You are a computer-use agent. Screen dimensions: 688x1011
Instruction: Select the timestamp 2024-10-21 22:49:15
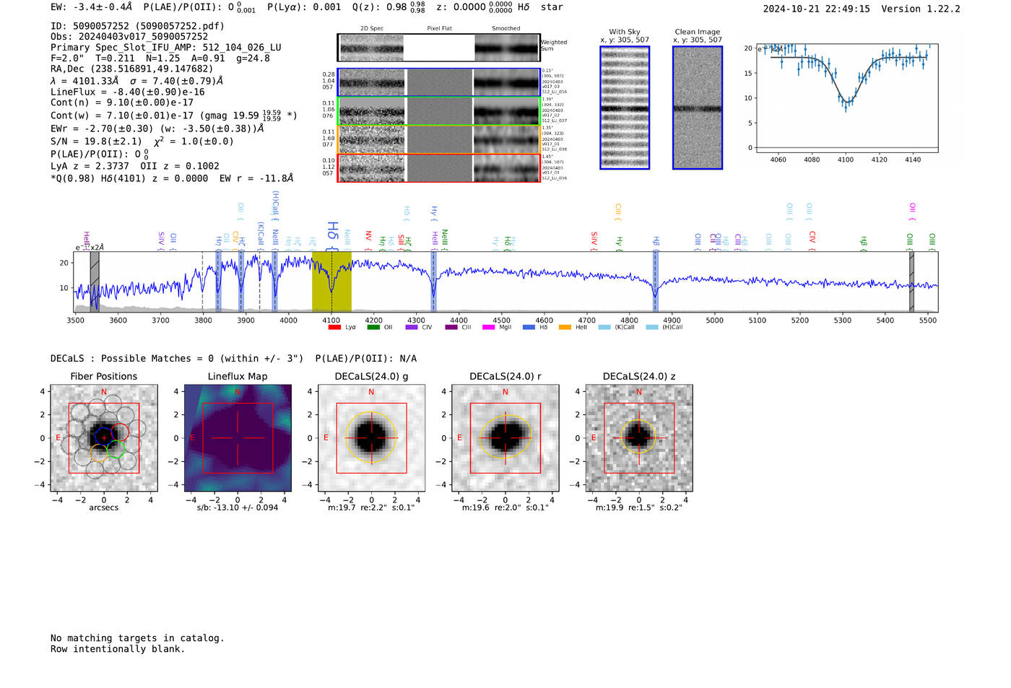pyautogui.click(x=816, y=9)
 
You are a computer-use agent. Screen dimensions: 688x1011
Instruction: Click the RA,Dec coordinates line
pyautogui.click(x=131, y=69)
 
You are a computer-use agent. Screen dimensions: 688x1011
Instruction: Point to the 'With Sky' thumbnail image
pyautogui.click(x=625, y=108)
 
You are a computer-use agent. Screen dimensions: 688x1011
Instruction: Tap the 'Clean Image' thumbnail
pyautogui.click(x=697, y=108)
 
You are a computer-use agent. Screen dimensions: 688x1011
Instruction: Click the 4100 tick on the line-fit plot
pyautogui.click(x=846, y=159)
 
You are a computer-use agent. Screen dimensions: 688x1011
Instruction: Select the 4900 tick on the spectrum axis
pyautogui.click(x=672, y=320)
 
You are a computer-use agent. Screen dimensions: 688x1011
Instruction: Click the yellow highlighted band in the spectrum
pyautogui.click(x=331, y=282)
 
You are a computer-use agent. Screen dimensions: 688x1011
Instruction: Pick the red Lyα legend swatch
pyautogui.click(x=334, y=327)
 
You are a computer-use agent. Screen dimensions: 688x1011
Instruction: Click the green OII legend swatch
pyautogui.click(x=373, y=327)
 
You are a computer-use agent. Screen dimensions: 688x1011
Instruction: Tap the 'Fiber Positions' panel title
pyautogui.click(x=103, y=376)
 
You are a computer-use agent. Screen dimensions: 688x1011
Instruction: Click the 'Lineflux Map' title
pyautogui.click(x=237, y=376)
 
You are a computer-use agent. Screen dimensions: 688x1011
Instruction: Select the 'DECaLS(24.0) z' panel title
pyautogui.click(x=639, y=376)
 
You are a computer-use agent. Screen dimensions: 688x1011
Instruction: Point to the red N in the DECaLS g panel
pyautogui.click(x=371, y=392)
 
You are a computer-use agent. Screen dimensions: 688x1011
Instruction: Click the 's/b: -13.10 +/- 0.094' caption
pyautogui.click(x=237, y=508)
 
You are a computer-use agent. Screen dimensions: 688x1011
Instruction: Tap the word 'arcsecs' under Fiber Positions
pyautogui.click(x=103, y=508)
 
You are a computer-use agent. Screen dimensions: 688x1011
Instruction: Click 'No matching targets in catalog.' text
pyautogui.click(x=137, y=637)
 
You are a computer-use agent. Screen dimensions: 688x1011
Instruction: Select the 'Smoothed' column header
pyautogui.click(x=506, y=28)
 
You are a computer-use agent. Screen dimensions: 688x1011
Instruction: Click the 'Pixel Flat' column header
pyautogui.click(x=439, y=28)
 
